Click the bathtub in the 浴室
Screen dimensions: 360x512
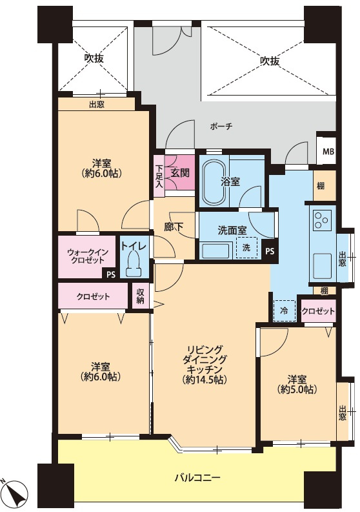pyautogui.click(x=214, y=182)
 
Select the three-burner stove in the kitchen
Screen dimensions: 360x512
pyautogui.click(x=322, y=220)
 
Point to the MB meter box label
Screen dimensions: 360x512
pyautogui.click(x=328, y=152)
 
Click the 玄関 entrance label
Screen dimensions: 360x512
pyautogui.click(x=180, y=172)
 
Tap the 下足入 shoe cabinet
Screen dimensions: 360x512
pyautogui.click(x=159, y=176)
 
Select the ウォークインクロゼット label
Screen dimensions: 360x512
pyautogui.click(x=87, y=256)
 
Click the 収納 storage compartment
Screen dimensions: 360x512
pyautogui.click(x=141, y=296)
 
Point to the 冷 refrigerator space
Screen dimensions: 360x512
pyautogui.click(x=285, y=311)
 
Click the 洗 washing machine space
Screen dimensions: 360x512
pyautogui.click(x=246, y=247)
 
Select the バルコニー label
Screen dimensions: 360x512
pyautogui.click(x=197, y=478)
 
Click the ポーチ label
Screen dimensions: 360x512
pyautogui.click(x=221, y=127)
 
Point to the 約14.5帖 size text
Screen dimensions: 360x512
pyautogui.click(x=205, y=380)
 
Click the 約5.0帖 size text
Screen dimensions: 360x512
pyautogui.click(x=297, y=389)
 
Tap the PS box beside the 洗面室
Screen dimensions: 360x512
pyautogui.click(x=270, y=251)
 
